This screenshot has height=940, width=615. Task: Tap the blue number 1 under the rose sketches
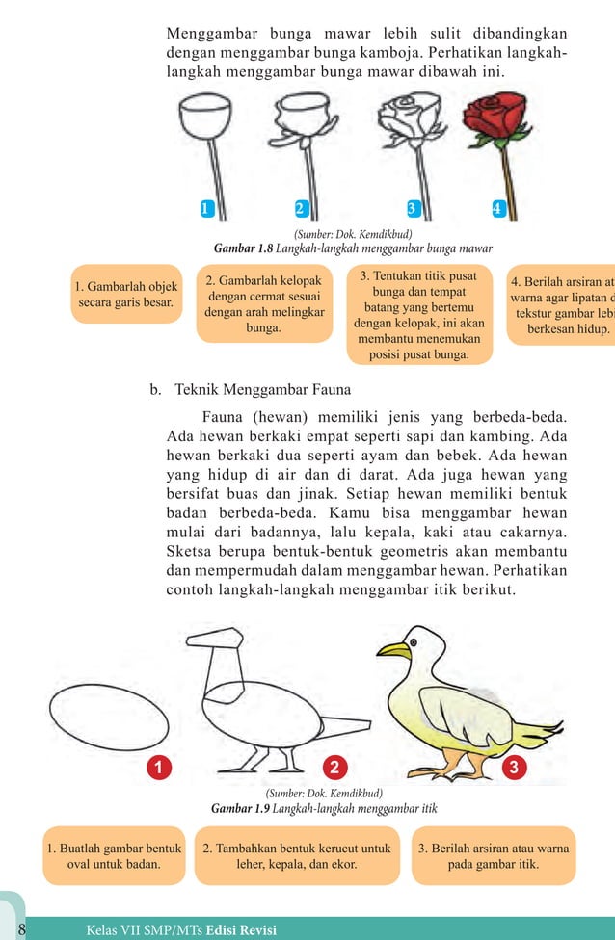pyautogui.click(x=204, y=208)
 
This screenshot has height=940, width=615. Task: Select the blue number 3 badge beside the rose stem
pyautogui.click(x=412, y=208)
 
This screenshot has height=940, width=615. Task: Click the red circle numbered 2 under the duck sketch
pyautogui.click(x=334, y=767)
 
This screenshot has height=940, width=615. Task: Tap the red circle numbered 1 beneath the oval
pyautogui.click(x=155, y=767)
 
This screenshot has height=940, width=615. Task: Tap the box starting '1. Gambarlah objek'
pyautogui.click(x=125, y=294)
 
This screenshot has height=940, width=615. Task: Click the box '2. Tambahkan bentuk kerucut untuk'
pyautogui.click(x=297, y=856)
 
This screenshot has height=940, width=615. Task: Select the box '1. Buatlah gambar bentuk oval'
pyautogui.click(x=114, y=856)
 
